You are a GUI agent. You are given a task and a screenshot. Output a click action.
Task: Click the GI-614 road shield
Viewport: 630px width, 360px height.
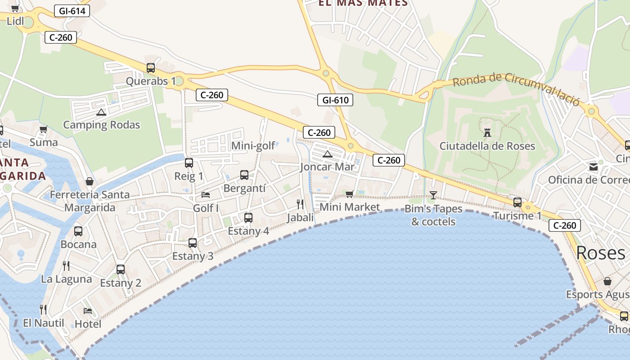(72, 11)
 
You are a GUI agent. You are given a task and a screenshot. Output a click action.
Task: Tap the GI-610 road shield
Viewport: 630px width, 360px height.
(335, 100)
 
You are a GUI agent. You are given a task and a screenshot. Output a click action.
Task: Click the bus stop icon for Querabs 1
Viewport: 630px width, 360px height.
(151, 68)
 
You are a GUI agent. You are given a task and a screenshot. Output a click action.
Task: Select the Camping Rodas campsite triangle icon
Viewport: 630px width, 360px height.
(101, 112)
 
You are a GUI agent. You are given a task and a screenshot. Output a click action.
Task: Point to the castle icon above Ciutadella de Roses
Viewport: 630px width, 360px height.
(487, 132)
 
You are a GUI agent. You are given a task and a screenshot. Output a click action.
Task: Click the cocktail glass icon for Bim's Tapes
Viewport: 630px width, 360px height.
(433, 195)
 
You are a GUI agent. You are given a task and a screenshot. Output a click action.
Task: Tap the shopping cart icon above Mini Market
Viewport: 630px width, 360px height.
(349, 194)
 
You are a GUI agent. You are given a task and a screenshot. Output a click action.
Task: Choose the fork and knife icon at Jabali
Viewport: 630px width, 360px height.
(300, 204)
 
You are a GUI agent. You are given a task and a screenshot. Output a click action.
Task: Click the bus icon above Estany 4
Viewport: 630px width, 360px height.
(248, 218)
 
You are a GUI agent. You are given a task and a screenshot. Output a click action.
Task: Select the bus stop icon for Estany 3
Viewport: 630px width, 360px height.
(193, 243)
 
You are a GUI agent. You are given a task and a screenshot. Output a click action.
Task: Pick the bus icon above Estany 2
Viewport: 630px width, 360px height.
(121, 270)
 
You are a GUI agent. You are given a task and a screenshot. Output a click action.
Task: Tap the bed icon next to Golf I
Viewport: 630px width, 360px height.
(206, 195)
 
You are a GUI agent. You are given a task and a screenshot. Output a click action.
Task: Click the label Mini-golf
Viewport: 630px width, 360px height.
(253, 146)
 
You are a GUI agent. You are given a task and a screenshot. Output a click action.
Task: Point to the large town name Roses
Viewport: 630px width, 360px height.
(600, 253)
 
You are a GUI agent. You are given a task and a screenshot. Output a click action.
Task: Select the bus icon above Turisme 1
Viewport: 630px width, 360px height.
(517, 202)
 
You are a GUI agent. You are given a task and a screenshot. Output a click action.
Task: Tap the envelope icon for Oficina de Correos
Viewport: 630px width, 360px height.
(594, 167)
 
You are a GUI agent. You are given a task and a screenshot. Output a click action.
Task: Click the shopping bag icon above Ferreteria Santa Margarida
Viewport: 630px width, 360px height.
(90, 181)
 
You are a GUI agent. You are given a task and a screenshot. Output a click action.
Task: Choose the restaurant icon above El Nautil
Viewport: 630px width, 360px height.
(43, 310)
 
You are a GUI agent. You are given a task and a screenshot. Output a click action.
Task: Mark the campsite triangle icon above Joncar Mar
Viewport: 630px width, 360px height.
(327, 154)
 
